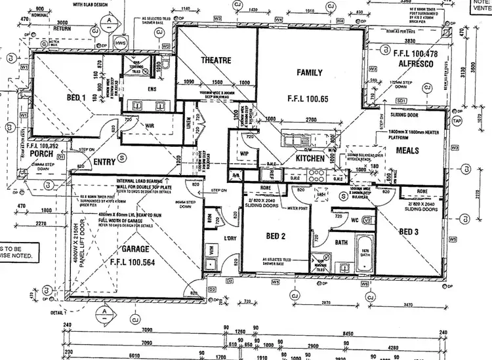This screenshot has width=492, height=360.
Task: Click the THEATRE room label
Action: [x=216, y=60]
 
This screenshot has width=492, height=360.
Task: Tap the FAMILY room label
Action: [x=310, y=72]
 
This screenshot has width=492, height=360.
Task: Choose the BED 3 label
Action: [x=408, y=231]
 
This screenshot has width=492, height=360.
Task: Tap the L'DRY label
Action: [x=230, y=237]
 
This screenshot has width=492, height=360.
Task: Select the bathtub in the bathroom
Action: [x=365, y=252]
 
